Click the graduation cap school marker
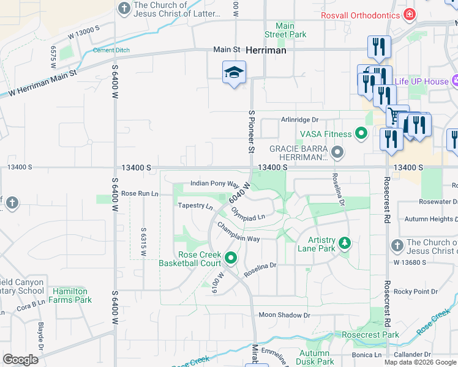234,73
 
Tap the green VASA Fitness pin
361,133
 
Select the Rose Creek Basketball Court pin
231,258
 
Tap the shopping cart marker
397,116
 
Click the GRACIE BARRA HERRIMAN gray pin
336,150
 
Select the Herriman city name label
266,50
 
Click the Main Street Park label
285,30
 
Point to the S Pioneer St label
251,132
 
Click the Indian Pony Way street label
214,183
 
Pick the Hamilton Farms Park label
72,295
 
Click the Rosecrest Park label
370,335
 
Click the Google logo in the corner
20,360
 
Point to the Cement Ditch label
111,50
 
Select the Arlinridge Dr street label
300,120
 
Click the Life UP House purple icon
455,81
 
